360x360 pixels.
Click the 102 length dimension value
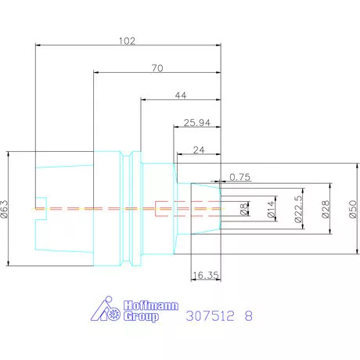click(127, 41)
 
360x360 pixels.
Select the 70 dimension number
click(157, 68)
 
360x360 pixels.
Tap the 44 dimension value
click(181, 95)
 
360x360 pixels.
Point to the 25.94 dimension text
click(197, 123)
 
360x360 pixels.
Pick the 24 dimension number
click(199, 150)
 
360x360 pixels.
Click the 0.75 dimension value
click(240, 178)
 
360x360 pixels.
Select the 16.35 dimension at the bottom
click(206, 275)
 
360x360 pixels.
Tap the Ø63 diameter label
click(5, 209)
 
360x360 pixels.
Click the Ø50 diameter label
click(352, 209)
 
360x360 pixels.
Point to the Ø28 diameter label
click(326, 209)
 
